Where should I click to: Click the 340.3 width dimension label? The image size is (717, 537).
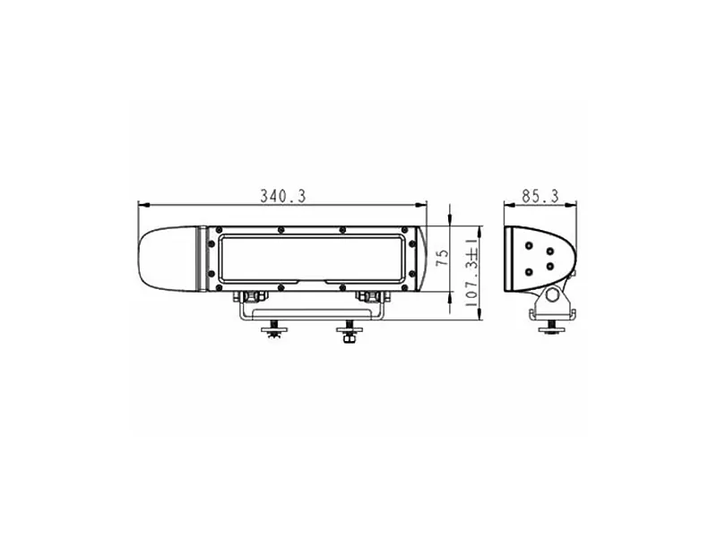tap(282, 195)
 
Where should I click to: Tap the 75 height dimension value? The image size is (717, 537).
tap(441, 259)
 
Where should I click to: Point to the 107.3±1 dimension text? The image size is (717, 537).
tap(467, 272)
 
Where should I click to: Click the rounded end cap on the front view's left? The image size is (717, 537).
tap(167, 258)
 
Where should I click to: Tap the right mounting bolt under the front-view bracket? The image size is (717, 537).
tap(348, 334)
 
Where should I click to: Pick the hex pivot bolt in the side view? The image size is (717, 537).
tap(554, 294)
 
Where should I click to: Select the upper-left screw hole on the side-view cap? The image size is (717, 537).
tap(530, 245)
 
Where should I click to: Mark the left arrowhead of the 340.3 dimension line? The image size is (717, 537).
tap(141, 205)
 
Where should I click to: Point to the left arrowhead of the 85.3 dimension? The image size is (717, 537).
tap(507, 205)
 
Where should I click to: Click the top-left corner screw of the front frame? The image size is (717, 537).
tap(214, 232)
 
